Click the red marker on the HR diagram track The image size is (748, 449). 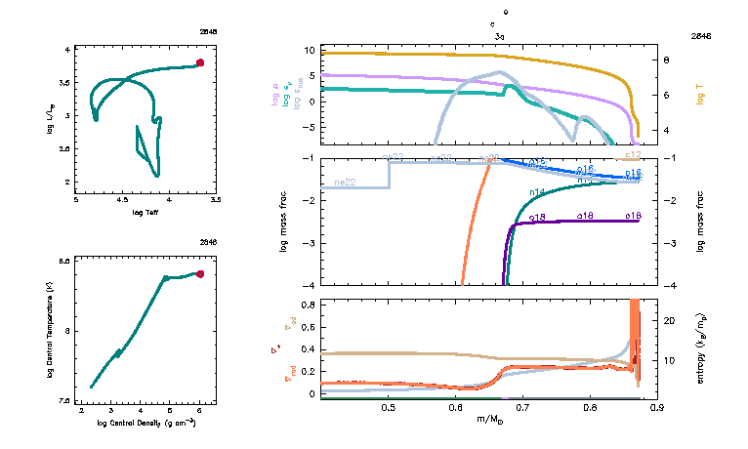pyautogui.click(x=199, y=62)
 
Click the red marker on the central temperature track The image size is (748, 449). pyautogui.click(x=199, y=274)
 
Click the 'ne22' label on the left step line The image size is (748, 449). pyautogui.click(x=345, y=183)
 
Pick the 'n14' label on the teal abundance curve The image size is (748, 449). pyautogui.click(x=537, y=192)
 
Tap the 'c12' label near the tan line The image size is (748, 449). pyautogui.click(x=632, y=155)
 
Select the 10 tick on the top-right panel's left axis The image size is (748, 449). pyautogui.click(x=310, y=51)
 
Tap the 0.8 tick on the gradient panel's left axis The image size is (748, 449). pyautogui.click(x=308, y=305)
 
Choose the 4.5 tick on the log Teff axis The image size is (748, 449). pyautogui.click(x=123, y=200)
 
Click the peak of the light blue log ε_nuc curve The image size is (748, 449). pyautogui.click(x=501, y=72)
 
